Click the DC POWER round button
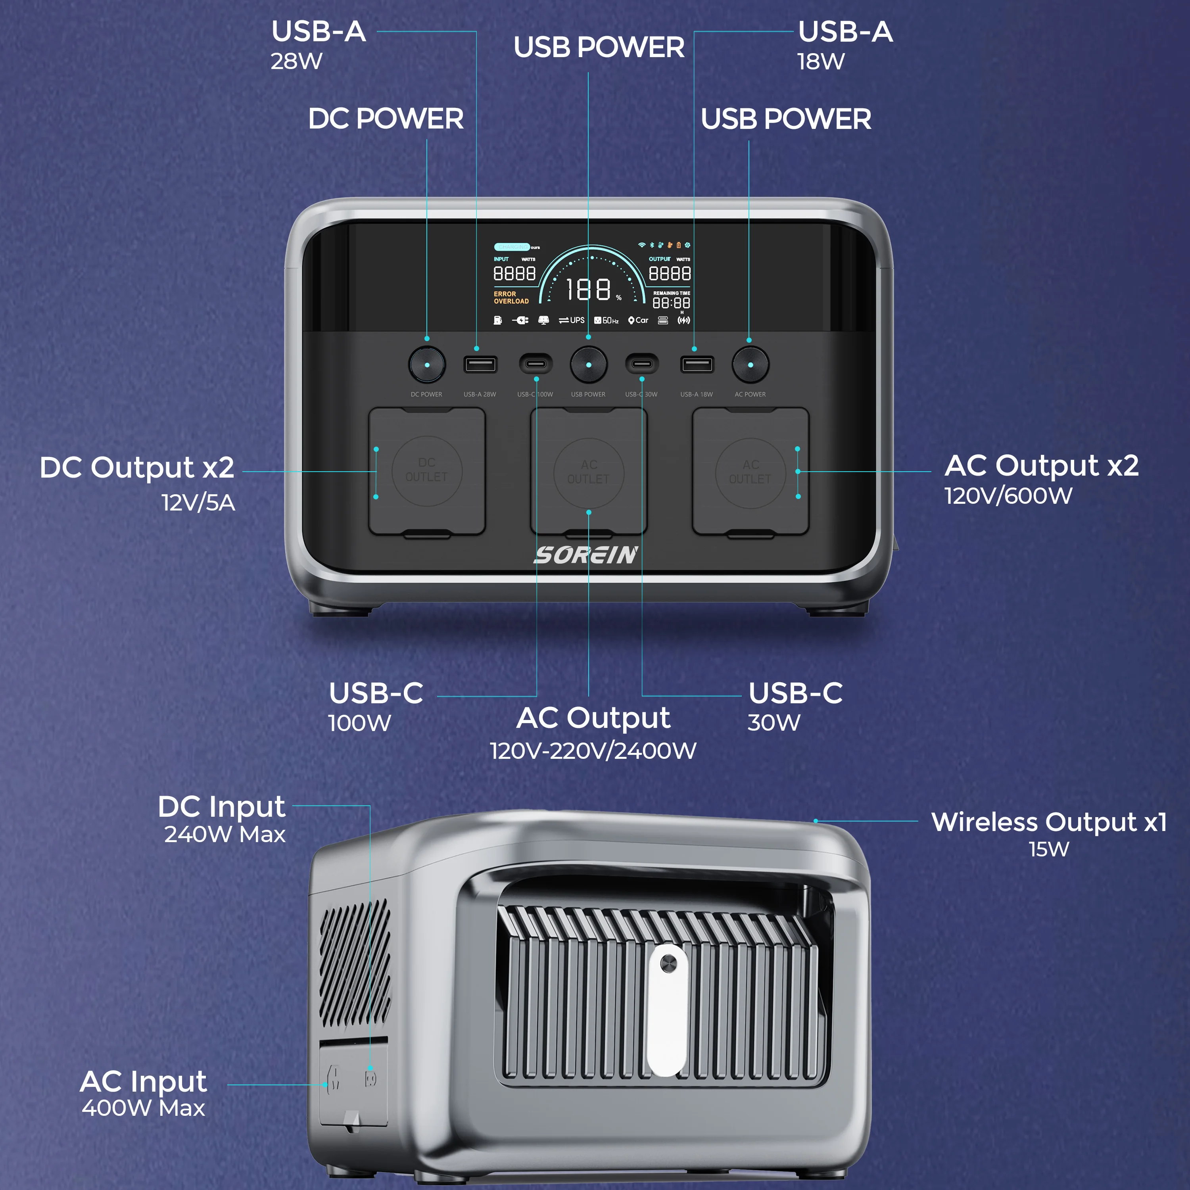(427, 365)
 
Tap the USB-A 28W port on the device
(480, 365)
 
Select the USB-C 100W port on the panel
(535, 364)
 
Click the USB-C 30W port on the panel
(642, 364)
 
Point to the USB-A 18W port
(697, 365)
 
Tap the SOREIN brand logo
(586, 555)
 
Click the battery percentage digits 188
(588, 290)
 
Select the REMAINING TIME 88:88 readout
(672, 302)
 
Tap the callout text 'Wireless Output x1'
(1048, 822)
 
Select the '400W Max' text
(144, 1108)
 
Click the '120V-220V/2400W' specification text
(593, 751)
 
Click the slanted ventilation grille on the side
(354, 967)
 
